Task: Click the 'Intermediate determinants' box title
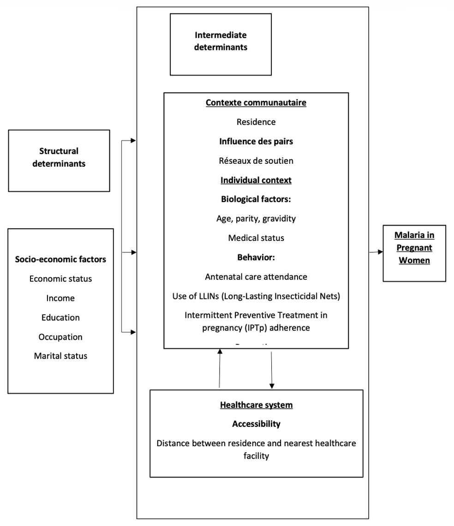click(x=221, y=41)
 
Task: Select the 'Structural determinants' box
click(x=59, y=157)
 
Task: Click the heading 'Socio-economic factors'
click(x=60, y=259)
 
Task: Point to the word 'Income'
click(x=60, y=298)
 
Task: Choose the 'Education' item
click(x=60, y=317)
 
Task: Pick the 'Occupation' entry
click(x=60, y=337)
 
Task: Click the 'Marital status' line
click(x=60, y=356)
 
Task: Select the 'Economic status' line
click(x=60, y=279)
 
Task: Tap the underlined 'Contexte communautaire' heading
click(x=256, y=103)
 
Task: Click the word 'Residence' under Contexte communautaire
click(x=256, y=122)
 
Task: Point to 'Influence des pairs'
click(x=256, y=142)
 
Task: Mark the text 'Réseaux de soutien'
click(x=256, y=161)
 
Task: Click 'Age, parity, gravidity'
click(x=256, y=219)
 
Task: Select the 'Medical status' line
click(x=256, y=238)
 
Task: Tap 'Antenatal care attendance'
click(x=256, y=277)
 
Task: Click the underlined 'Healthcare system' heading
click(x=256, y=405)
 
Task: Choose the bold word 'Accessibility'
click(x=256, y=424)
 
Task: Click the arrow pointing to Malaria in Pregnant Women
click(x=376, y=252)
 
